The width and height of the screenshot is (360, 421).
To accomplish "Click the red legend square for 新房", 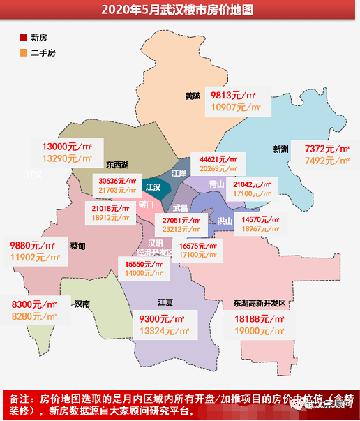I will click(23, 37).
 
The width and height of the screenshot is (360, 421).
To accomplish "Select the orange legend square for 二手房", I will click(23, 52).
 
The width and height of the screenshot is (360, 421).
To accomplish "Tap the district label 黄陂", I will click(193, 96).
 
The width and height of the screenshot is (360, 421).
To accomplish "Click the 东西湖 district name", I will click(117, 165).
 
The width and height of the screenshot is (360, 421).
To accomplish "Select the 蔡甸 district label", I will click(78, 246).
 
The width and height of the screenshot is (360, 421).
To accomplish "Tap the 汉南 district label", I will click(82, 304).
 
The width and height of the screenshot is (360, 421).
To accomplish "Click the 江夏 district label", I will click(166, 302).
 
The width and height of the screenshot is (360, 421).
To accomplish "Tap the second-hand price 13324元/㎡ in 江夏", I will click(163, 330).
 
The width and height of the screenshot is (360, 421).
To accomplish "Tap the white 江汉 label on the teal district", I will click(153, 187).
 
